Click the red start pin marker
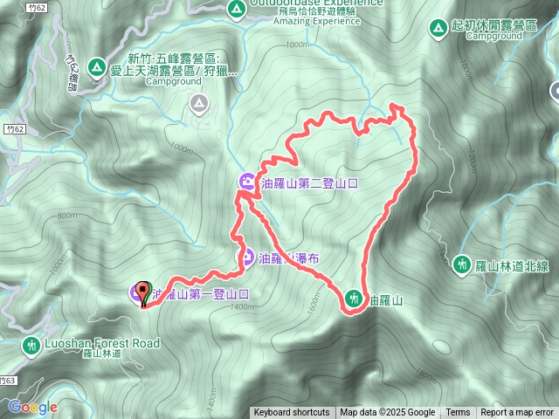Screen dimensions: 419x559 (143, 292)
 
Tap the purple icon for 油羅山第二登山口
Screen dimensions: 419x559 (247, 182)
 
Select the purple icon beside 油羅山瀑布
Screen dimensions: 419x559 (247, 258)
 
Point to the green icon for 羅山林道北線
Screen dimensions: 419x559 (462, 262)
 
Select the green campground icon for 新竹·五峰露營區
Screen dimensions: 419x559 (95, 68)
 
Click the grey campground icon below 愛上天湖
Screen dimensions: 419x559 (199, 105)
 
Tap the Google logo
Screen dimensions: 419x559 (32, 407)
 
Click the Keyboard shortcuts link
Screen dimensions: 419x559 (292, 413)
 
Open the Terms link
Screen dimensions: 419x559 (458, 413)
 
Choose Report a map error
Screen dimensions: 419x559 (518, 413)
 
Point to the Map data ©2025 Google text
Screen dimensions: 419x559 (388, 413)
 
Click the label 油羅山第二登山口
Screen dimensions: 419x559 (311, 182)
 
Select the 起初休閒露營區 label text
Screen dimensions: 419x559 (494, 27)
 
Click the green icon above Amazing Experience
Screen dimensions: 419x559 (235, 10)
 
